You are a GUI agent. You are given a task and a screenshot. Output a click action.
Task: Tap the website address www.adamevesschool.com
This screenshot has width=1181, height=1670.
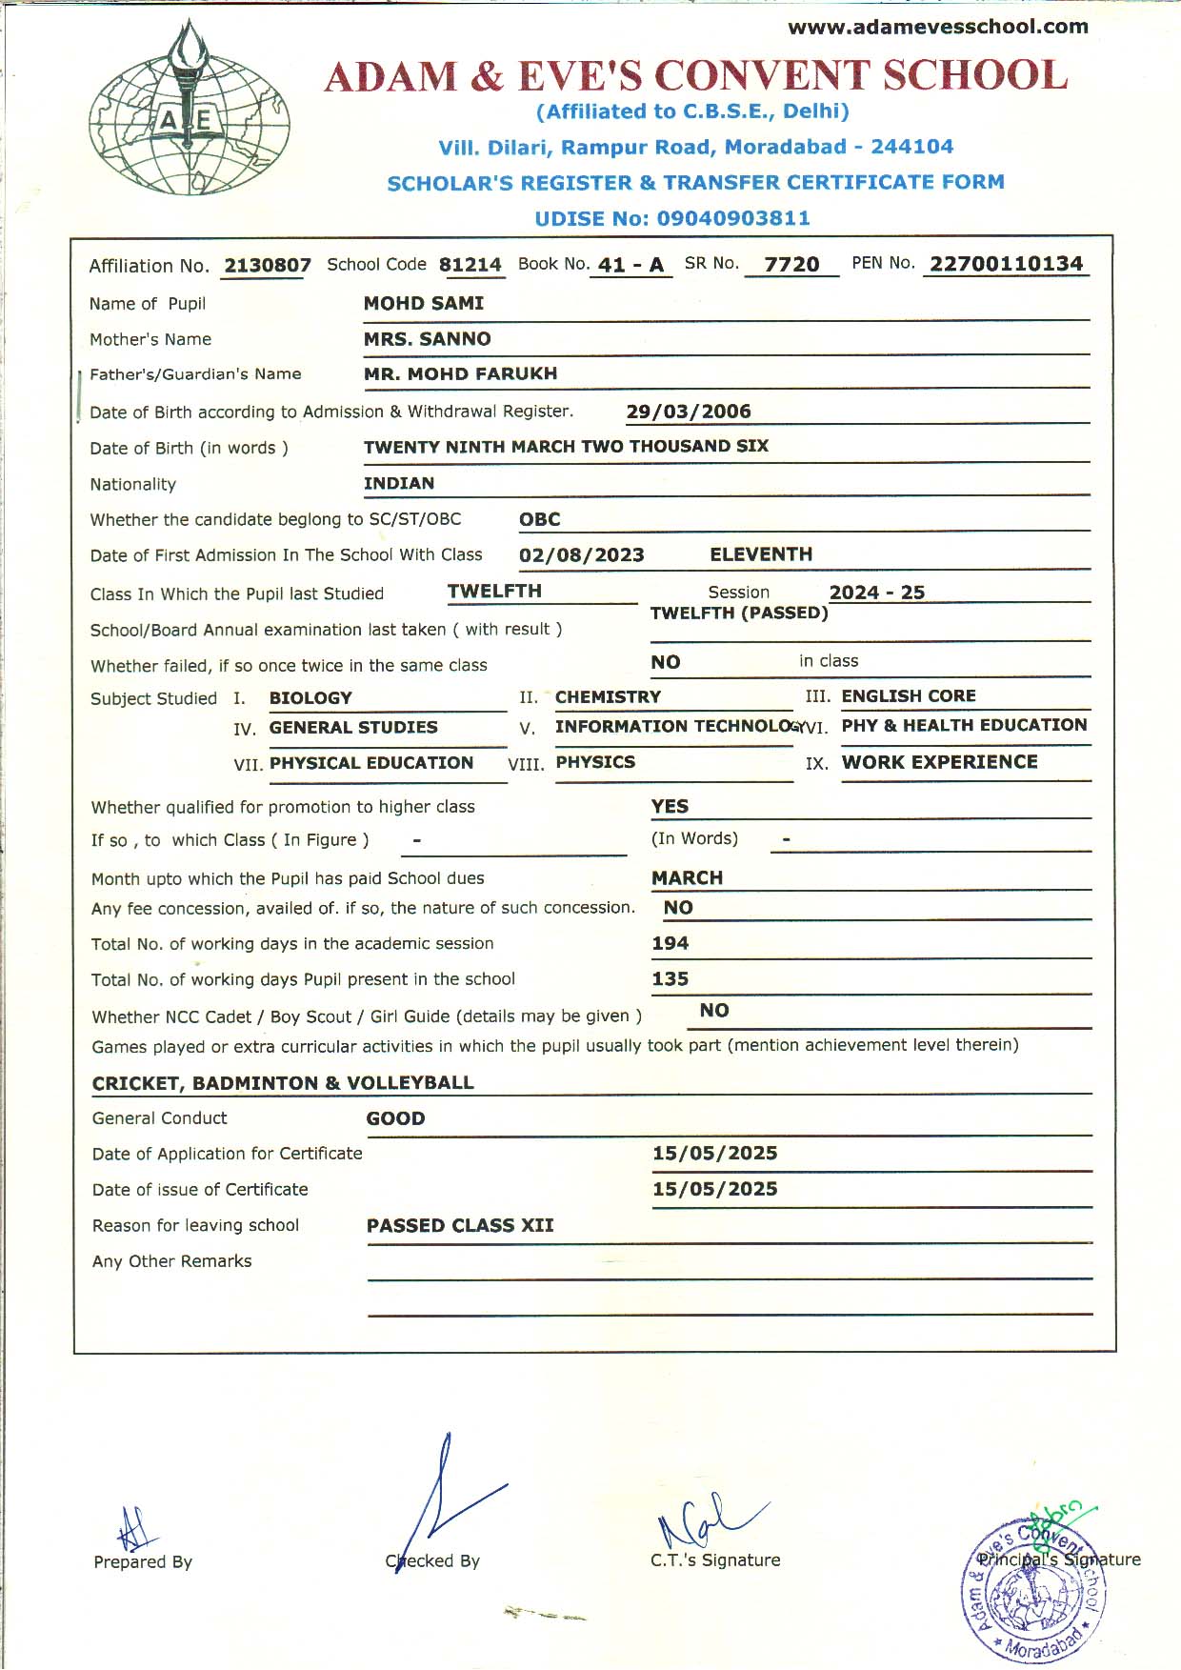[x=937, y=27]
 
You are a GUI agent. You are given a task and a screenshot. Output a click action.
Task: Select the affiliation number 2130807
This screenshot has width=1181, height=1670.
[x=268, y=266]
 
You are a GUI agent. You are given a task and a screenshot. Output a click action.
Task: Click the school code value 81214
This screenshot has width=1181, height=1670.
[x=470, y=265]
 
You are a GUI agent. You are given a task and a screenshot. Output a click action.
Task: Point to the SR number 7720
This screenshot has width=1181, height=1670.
[x=791, y=265]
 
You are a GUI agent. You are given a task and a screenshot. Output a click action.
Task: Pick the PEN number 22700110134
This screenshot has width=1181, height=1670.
[x=1007, y=264]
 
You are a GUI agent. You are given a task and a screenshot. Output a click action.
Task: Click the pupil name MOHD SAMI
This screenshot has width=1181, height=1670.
[x=424, y=303]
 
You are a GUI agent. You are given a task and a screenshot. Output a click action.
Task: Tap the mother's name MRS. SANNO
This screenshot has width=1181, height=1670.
[x=428, y=339]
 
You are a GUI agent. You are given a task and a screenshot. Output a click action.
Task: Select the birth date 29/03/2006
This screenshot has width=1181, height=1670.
[x=689, y=412]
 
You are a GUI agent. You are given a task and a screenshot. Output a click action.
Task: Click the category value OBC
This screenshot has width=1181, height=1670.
[x=540, y=519]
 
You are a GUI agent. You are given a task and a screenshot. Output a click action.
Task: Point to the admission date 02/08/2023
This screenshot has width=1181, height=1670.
[x=582, y=555]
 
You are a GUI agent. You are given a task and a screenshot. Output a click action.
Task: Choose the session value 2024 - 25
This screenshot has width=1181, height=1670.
[x=877, y=593]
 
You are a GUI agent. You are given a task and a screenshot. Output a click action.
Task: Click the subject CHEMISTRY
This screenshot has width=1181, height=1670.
[x=608, y=697]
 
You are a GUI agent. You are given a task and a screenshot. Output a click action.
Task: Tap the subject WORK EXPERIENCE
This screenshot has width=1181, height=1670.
[x=940, y=762]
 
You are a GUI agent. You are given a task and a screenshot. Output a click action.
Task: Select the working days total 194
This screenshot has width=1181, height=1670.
[x=671, y=943]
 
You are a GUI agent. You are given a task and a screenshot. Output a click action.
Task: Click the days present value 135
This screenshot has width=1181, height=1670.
[x=671, y=978]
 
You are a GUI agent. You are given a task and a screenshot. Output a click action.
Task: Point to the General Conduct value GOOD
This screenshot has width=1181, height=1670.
[x=396, y=1118]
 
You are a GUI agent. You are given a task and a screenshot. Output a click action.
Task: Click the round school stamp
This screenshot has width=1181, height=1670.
[x=1034, y=1591]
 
